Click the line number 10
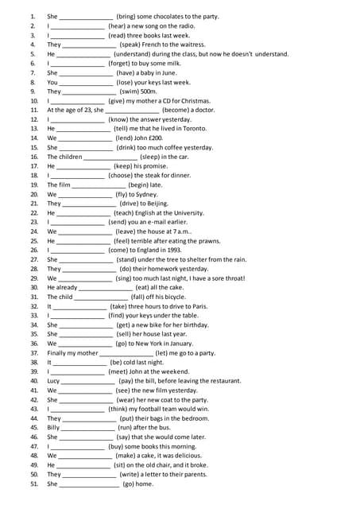coord(34,101)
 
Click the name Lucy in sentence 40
coord(53,381)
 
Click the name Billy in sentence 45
coord(53,427)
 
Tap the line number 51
coord(34,484)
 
